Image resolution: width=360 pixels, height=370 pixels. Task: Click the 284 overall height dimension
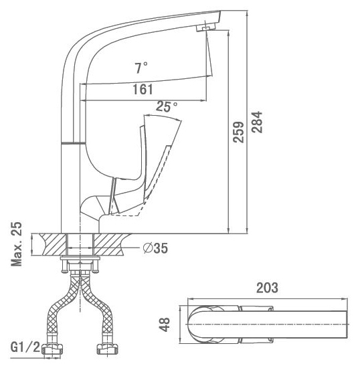pos(257,122)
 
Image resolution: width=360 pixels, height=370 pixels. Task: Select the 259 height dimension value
pos(238,132)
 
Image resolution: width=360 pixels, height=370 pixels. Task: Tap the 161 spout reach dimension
pos(143,90)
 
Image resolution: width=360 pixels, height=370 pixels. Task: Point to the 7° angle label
pos(141,68)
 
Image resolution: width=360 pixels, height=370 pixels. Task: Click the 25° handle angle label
pos(167,106)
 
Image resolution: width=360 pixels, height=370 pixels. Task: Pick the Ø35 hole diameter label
pos(155,248)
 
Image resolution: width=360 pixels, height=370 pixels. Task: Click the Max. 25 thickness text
pos(17,244)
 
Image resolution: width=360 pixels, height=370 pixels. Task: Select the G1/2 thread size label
pos(25,348)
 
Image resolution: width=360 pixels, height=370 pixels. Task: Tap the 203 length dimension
pos(267,288)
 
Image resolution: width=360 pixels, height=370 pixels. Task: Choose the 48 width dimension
pos(165,325)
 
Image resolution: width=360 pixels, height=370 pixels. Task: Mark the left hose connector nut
pos(52,349)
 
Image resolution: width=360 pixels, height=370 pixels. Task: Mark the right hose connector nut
pos(108,349)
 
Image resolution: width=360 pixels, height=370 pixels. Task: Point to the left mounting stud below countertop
pos(64,266)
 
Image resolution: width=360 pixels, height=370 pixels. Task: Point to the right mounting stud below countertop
pos(95,266)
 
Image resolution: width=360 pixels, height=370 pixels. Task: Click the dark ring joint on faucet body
pos(73,143)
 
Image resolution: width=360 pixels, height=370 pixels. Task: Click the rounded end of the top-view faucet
pos(190,325)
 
